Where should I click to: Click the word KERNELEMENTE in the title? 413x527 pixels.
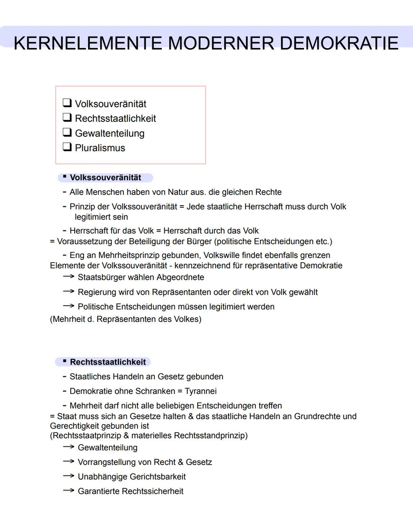(88, 43)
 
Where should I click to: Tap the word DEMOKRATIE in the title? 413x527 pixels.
(339, 43)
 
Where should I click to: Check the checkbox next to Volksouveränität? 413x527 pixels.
(67, 103)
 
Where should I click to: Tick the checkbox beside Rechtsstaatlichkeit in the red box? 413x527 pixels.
(67, 117)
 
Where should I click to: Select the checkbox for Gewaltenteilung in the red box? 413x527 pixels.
(67, 132)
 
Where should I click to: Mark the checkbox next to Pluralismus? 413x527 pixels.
(67, 147)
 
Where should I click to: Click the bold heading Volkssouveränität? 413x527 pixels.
(105, 178)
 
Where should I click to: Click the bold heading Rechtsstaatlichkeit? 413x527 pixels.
(107, 362)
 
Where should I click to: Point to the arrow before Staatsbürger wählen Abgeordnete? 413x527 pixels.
(68, 277)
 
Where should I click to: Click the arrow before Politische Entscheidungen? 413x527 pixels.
(68, 306)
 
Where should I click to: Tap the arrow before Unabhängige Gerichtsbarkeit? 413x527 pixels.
(68, 476)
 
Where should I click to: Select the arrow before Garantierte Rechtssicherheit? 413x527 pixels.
(68, 491)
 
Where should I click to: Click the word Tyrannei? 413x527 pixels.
(200, 391)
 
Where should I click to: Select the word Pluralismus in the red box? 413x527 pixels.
(100, 148)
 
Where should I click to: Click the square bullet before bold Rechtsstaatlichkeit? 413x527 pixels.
(65, 361)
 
